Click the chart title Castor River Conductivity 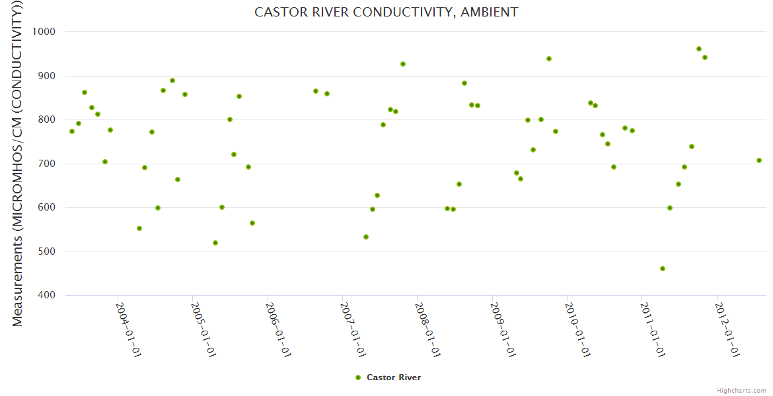[386, 13]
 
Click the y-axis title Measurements [18, 164]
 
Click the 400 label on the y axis [46, 295]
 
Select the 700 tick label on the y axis [46, 164]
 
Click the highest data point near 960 [699, 49]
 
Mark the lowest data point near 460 [663, 269]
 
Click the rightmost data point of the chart [759, 160]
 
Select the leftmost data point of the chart [72, 131]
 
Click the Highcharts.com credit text [741, 390]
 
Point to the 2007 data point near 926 [403, 64]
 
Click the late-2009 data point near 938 [549, 59]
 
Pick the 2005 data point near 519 [215, 243]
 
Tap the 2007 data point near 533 [366, 237]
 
